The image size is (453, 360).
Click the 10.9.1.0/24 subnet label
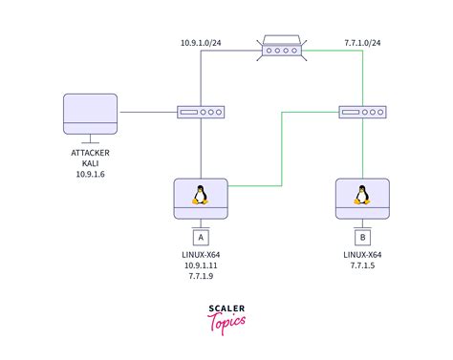pos(203,42)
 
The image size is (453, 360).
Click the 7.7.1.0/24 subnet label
pos(363,42)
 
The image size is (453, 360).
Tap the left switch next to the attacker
pos(202,112)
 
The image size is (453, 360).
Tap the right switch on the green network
pos(362,112)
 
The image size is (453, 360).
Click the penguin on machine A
pos(201,195)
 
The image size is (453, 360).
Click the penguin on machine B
pos(362,195)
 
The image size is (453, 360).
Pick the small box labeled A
pos(201,236)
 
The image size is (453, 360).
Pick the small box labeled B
pos(362,236)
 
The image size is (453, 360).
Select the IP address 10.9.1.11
pos(201,266)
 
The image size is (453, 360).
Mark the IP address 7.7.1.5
pos(362,266)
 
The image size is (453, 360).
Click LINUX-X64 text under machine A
pos(201,255)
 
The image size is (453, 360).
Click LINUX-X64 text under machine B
pos(362,255)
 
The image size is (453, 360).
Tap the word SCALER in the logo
pos(226,308)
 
